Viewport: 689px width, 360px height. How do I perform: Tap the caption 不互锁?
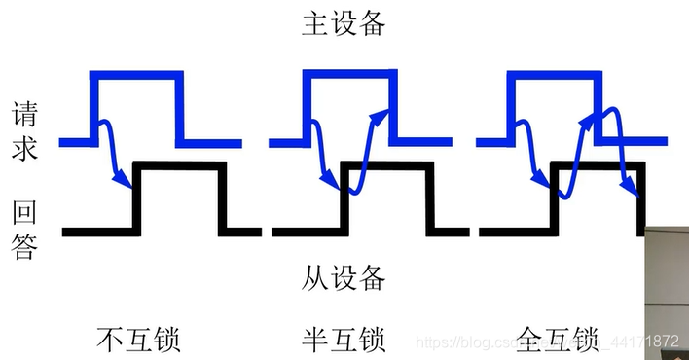click(x=139, y=339)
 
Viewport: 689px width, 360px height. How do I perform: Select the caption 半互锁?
click(x=344, y=339)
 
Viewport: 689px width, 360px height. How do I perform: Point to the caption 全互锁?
click(x=557, y=339)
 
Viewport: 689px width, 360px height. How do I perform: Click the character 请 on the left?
click(x=24, y=114)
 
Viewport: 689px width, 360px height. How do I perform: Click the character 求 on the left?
click(x=24, y=149)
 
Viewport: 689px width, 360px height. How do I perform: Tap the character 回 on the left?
click(x=24, y=212)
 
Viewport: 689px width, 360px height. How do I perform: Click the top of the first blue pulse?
click(x=136, y=74)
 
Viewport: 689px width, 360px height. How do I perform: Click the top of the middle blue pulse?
click(x=345, y=74)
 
